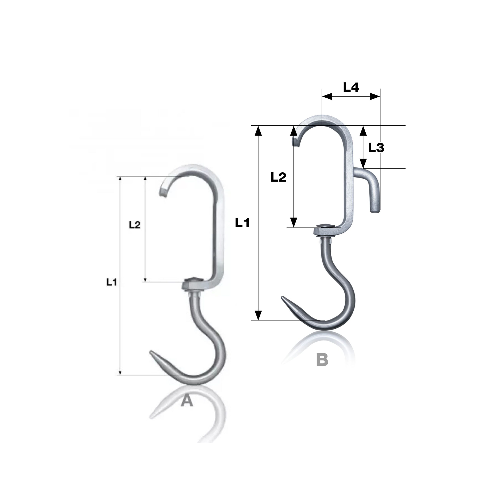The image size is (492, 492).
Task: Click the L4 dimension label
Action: tap(351, 88)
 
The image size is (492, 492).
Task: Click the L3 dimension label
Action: tap(376, 148)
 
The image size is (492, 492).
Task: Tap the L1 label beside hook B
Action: tap(242, 223)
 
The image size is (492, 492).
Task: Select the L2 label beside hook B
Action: tap(278, 177)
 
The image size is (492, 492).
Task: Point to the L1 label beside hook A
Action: tap(111, 282)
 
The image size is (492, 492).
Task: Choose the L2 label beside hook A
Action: tap(135, 225)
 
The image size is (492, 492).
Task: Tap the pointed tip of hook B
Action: tap(282, 297)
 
